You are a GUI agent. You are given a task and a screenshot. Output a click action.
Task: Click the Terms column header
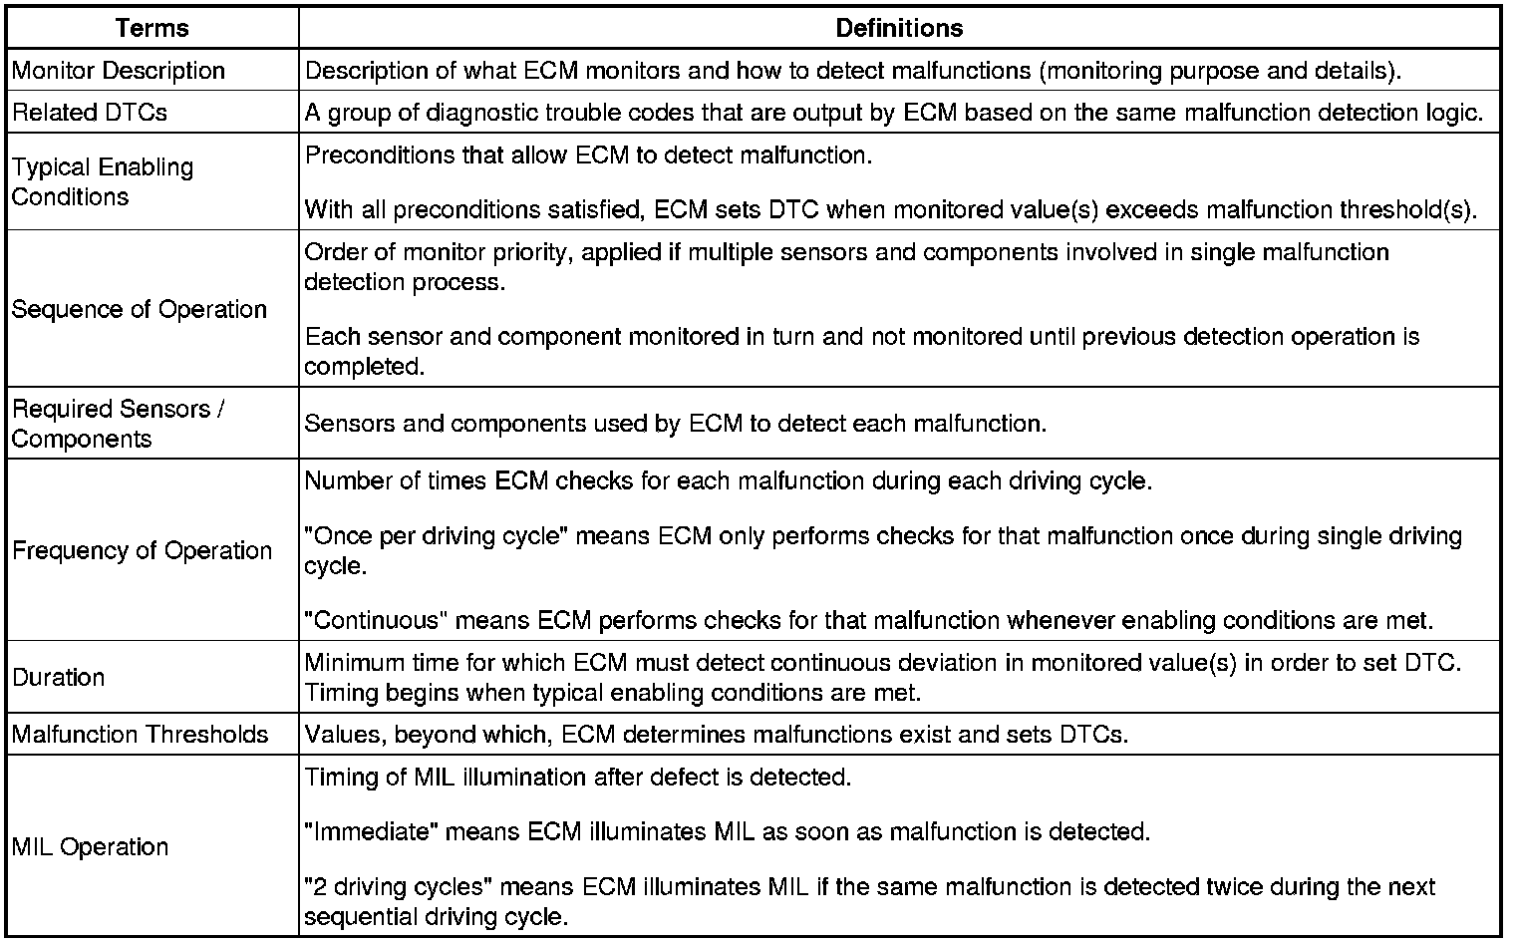pyautogui.click(x=151, y=28)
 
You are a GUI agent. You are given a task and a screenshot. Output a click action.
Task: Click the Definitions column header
pyautogui.click(x=899, y=28)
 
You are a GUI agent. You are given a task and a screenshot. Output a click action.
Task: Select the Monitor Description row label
pyautogui.click(x=119, y=71)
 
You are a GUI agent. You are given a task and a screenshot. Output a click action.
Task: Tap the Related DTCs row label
pyautogui.click(x=90, y=113)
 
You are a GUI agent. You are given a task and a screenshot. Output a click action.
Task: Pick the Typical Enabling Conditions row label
pyautogui.click(x=103, y=181)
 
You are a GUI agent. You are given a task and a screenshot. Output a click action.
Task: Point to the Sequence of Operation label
pyautogui.click(x=140, y=309)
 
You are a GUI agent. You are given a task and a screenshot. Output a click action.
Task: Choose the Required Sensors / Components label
pyautogui.click(x=118, y=424)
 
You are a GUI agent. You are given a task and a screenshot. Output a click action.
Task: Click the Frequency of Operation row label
pyautogui.click(x=142, y=550)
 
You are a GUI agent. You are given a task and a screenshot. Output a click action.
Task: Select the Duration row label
pyautogui.click(x=59, y=677)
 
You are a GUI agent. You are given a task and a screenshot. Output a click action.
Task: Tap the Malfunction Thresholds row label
pyautogui.click(x=141, y=735)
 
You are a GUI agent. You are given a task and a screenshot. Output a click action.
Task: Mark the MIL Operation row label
pyautogui.click(x=91, y=846)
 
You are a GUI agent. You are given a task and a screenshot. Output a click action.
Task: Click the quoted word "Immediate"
pyautogui.click(x=371, y=831)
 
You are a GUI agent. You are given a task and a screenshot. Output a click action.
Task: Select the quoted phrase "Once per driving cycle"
pyautogui.click(x=436, y=535)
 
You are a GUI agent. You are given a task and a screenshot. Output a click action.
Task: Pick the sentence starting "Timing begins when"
pyautogui.click(x=613, y=692)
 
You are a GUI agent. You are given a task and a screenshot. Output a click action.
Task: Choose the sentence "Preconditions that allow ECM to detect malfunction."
pyautogui.click(x=588, y=156)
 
